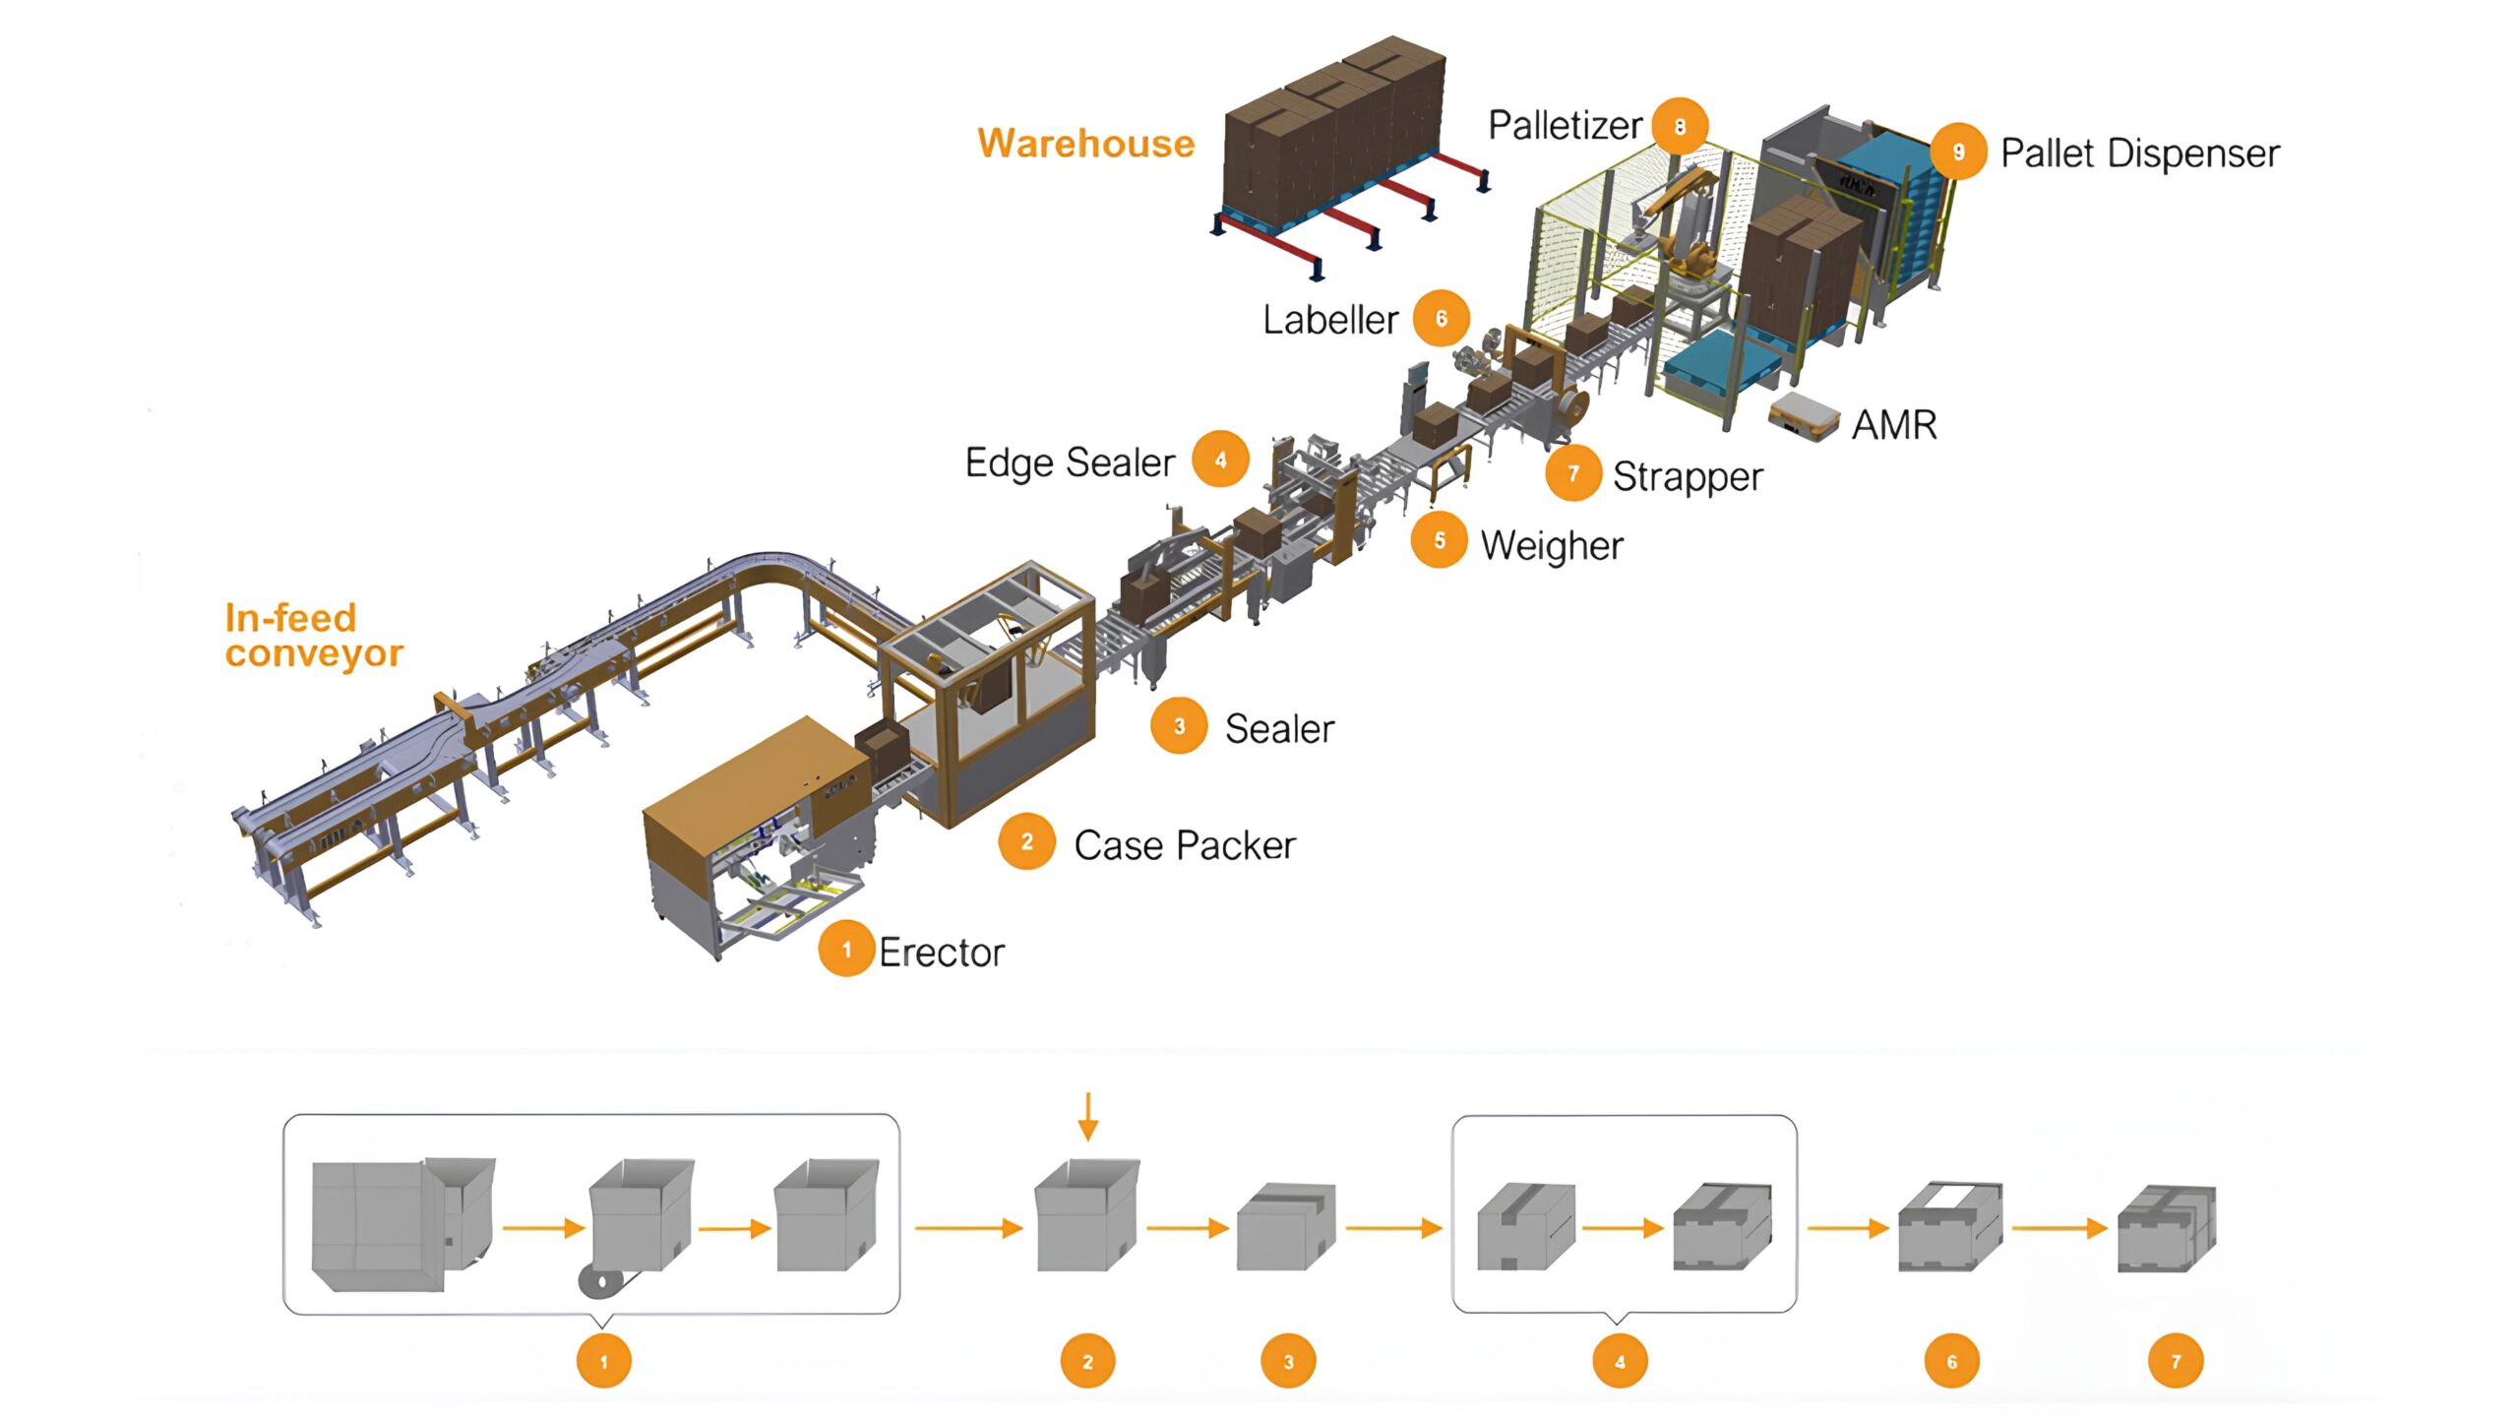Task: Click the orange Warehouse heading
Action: [1085, 144]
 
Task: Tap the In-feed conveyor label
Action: [313, 636]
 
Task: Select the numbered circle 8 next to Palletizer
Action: [1680, 126]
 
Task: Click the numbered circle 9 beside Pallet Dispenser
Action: [1958, 152]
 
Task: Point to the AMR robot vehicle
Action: [1804, 415]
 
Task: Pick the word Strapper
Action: [1688, 476]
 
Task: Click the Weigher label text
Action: [1552, 545]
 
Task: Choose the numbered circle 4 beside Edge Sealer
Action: [1220, 460]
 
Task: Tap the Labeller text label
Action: [1330, 320]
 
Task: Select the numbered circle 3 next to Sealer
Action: [1179, 726]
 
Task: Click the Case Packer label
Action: [1185, 845]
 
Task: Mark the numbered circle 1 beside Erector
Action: [846, 950]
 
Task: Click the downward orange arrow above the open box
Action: [1087, 1116]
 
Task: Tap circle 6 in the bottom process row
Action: [1952, 1362]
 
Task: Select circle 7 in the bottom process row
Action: [2176, 1362]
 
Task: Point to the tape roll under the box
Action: [600, 1281]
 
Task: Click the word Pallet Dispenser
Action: [2140, 154]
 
